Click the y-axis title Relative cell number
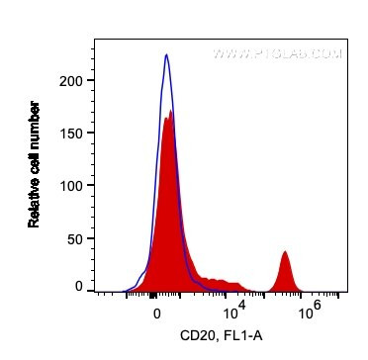[x=34, y=163]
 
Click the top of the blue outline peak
[x=166, y=54]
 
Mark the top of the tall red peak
[x=171, y=112]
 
